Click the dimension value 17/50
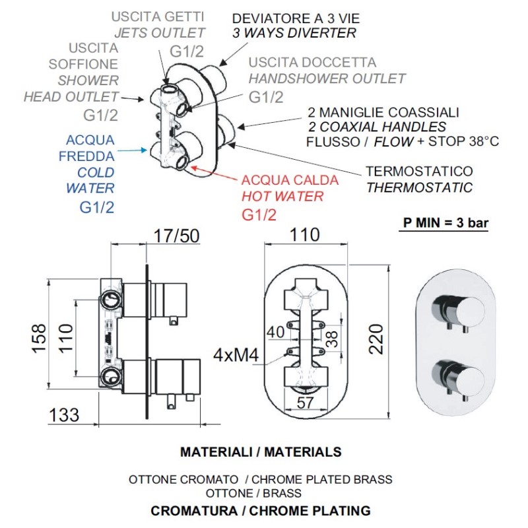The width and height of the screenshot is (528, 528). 176,236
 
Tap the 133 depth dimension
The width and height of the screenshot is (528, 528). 63,414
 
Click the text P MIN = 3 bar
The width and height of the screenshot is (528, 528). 446,222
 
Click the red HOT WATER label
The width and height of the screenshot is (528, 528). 282,196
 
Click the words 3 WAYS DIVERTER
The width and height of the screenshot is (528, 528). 294,33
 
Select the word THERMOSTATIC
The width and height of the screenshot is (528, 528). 419,187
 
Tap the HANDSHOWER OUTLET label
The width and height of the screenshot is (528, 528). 327,79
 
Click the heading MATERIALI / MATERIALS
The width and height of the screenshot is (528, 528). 261,452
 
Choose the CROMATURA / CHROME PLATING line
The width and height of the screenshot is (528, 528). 261,510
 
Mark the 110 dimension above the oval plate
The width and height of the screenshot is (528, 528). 305,236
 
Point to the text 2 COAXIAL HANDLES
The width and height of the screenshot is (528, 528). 377,127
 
